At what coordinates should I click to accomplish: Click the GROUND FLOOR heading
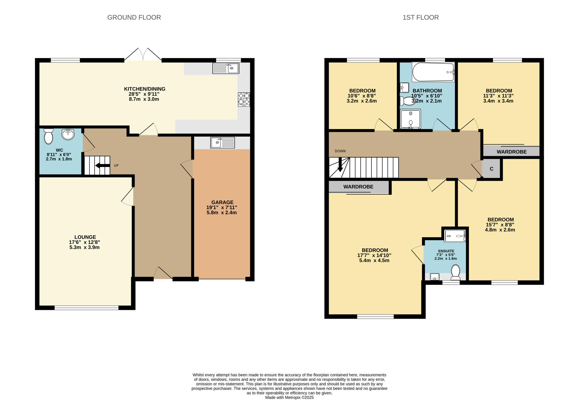pos(134,17)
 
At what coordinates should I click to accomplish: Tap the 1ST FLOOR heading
pos(420,17)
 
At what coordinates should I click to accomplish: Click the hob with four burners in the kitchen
pos(244,99)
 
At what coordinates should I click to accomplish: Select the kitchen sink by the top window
pos(226,68)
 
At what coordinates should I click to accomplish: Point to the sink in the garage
pos(222,143)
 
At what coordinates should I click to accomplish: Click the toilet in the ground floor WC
pos(48,136)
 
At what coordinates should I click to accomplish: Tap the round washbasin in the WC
pos(68,134)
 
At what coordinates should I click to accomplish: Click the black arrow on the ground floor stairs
pos(102,165)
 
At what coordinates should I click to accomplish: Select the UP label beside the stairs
pos(116,165)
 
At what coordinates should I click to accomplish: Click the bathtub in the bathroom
pos(433,72)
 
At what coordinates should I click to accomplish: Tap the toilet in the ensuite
pos(455,273)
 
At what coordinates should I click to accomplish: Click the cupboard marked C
pos(491,169)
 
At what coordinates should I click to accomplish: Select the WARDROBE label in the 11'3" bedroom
pos(512,152)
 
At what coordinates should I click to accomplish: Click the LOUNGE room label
pos(85,237)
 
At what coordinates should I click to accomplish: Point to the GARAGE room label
pos(222,202)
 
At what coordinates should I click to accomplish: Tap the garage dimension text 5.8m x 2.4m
pos(222,212)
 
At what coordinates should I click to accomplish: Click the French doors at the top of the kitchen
pos(143,54)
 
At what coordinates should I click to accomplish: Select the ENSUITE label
pos(446,251)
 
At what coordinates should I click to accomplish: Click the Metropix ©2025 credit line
pos(289,398)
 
